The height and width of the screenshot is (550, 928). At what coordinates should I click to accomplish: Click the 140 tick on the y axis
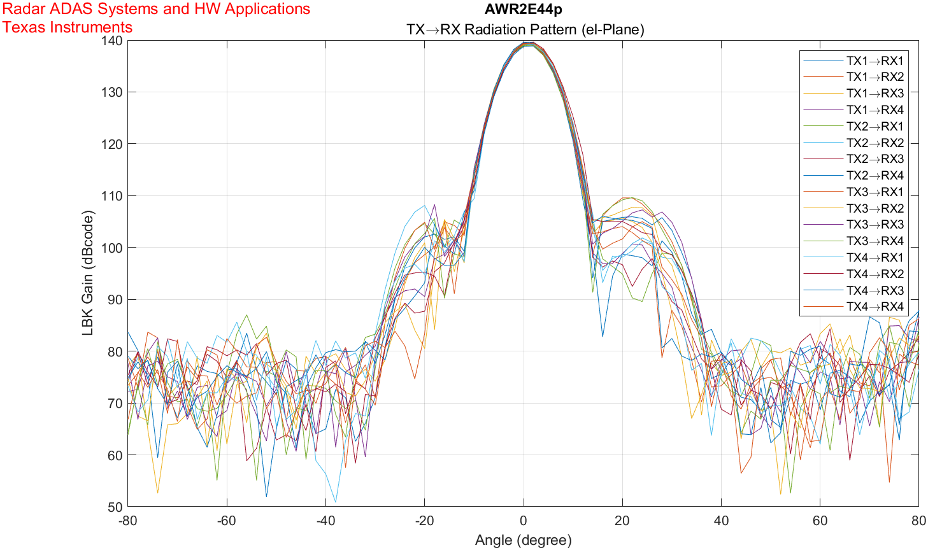coord(113,41)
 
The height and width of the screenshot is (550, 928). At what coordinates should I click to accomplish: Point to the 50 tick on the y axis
coord(115,507)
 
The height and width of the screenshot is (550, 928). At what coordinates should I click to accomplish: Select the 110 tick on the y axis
coord(113,196)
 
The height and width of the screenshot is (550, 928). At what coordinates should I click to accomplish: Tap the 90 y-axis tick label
coord(115,300)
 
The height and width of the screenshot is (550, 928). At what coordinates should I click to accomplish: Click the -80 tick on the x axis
coord(128,521)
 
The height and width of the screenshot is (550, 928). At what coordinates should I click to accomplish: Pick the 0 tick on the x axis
coord(524,521)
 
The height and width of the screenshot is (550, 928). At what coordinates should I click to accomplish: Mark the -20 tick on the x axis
coord(424,521)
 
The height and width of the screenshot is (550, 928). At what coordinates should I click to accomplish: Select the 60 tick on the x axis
coord(820,521)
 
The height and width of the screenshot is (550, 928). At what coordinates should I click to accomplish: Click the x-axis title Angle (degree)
coord(523,540)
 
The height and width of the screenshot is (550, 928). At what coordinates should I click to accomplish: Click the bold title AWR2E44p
coord(523,10)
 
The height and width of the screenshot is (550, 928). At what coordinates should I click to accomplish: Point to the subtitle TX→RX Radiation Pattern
coord(525,29)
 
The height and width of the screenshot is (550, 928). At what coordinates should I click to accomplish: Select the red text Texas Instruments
coord(68,27)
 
